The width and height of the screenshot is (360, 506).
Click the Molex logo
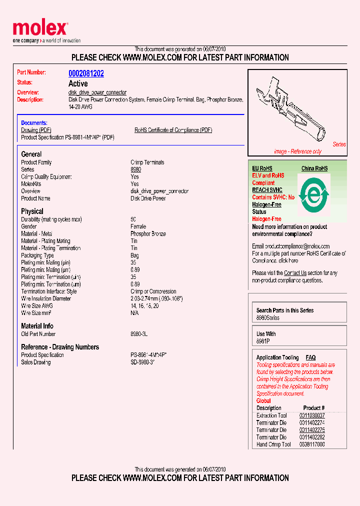click(x=40, y=29)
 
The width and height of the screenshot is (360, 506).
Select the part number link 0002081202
click(x=86, y=73)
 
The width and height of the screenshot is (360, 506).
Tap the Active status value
click(x=78, y=83)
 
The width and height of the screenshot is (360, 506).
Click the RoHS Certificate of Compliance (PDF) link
click(x=173, y=130)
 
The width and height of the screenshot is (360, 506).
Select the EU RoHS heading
click(x=262, y=168)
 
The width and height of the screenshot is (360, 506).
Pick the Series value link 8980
click(x=135, y=169)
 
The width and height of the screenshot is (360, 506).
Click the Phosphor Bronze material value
click(x=148, y=234)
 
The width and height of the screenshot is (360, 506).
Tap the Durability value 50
click(x=133, y=219)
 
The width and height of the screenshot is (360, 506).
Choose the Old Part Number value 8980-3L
click(x=139, y=334)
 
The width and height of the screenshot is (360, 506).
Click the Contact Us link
click(x=295, y=273)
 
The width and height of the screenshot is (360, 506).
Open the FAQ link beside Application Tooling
click(x=310, y=357)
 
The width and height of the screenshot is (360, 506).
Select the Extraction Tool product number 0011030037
click(x=312, y=415)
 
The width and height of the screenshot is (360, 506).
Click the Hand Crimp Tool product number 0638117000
click(x=312, y=444)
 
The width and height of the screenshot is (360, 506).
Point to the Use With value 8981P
click(x=263, y=341)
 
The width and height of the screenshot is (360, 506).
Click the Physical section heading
click(x=32, y=211)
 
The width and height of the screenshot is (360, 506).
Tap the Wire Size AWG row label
click(x=37, y=305)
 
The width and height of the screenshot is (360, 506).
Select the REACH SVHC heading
click(x=267, y=190)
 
